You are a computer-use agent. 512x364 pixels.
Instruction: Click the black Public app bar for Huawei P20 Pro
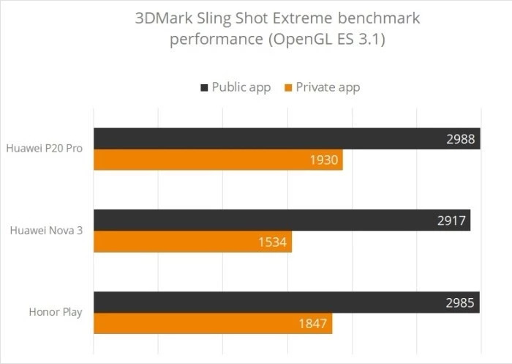pyautogui.click(x=285, y=138)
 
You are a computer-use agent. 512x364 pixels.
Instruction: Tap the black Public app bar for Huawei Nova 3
pyautogui.click(x=281, y=220)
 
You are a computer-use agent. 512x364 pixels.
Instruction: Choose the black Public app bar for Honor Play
pyautogui.click(x=285, y=302)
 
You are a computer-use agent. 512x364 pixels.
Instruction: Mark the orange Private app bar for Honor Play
pyautogui.click(x=212, y=323)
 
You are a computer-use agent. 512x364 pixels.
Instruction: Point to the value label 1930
pyautogui.click(x=323, y=160)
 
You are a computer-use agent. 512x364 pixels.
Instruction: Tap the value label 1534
pyautogui.click(x=272, y=242)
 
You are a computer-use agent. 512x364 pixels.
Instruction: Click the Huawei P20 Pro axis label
pyautogui.click(x=44, y=149)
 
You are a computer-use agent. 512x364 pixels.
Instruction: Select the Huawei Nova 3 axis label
pyautogui.click(x=46, y=231)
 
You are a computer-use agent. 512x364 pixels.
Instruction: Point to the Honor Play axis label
pyautogui.click(x=56, y=313)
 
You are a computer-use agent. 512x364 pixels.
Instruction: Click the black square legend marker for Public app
pyautogui.click(x=204, y=88)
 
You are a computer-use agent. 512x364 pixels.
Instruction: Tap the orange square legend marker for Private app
pyautogui.click(x=289, y=88)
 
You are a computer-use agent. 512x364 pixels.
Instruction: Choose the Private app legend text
pyautogui.click(x=328, y=88)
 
